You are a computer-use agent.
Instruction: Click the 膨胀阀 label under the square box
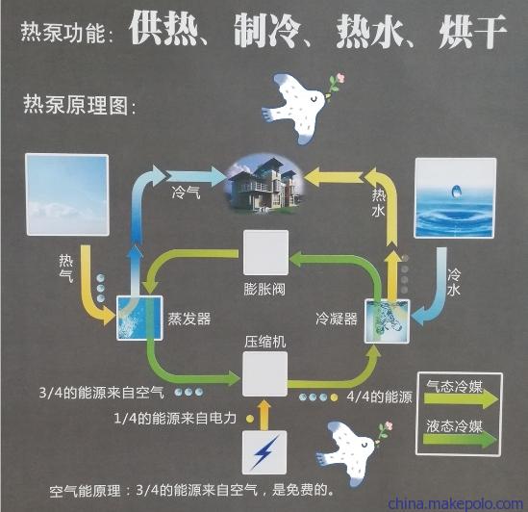(264, 289)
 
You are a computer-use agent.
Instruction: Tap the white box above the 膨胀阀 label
(265, 252)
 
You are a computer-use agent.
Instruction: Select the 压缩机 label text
(265, 342)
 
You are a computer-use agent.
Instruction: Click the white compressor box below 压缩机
(265, 373)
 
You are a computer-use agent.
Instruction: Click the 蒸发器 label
(189, 319)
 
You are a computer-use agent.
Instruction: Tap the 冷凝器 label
(336, 319)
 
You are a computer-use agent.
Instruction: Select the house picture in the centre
(265, 184)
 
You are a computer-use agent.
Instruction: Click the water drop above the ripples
(456, 192)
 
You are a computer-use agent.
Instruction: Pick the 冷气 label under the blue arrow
(186, 192)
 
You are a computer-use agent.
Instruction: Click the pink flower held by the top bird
(341, 78)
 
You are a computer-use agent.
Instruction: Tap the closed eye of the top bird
(314, 99)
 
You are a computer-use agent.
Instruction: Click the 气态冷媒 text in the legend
(454, 386)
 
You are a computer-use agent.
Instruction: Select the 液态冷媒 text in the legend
(454, 426)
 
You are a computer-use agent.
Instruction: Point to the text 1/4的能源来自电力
(175, 419)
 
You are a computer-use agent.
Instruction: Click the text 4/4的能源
(380, 397)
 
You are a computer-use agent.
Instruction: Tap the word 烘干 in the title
(472, 32)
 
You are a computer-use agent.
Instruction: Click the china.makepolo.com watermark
(455, 503)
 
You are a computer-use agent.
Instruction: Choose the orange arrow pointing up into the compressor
(264, 415)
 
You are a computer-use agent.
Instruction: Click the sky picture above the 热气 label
(67, 194)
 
